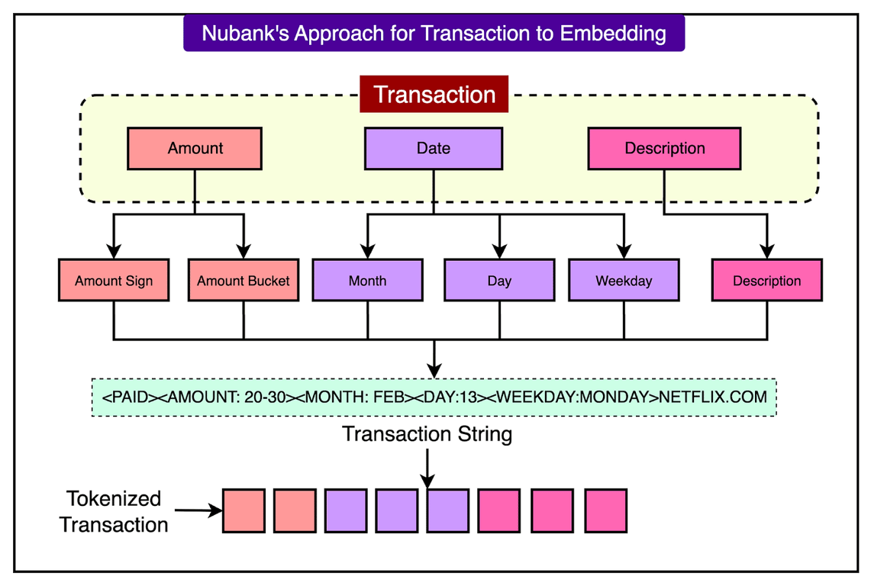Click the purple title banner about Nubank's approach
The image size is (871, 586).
(434, 34)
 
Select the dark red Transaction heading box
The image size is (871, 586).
(434, 95)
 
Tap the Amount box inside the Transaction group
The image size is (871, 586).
(195, 148)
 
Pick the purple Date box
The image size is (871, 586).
(433, 148)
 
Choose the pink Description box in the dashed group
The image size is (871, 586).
(664, 148)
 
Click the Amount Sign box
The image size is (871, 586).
(114, 280)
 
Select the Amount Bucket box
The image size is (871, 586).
(244, 280)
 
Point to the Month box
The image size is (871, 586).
(367, 280)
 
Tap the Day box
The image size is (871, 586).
(499, 280)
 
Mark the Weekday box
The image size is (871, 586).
(624, 280)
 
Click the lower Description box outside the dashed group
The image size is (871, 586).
(766, 280)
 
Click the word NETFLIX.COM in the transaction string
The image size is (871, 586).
(713, 398)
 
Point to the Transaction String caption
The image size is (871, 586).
(427, 434)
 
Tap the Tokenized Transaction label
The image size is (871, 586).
(114, 511)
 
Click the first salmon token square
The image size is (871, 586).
(244, 510)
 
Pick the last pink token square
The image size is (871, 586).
(605, 510)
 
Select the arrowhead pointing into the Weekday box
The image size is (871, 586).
(624, 252)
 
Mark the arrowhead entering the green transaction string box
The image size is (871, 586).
(434, 371)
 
